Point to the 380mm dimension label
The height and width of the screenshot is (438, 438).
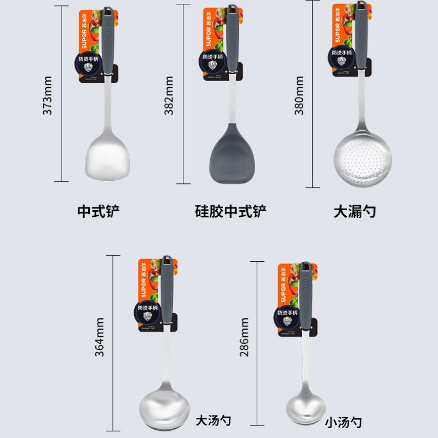[299, 95]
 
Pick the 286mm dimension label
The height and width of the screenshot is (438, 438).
[244, 337]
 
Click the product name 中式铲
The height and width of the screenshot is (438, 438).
[99, 211]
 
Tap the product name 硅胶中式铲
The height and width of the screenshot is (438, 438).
[231, 211]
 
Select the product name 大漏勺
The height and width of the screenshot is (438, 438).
[355, 211]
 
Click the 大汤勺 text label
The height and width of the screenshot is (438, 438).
[214, 420]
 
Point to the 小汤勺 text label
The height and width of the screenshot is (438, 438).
[343, 422]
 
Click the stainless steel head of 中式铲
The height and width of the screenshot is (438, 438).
[108, 156]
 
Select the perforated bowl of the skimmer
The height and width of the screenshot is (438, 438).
[362, 155]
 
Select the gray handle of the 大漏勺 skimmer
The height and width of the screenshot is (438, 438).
[361, 36]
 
